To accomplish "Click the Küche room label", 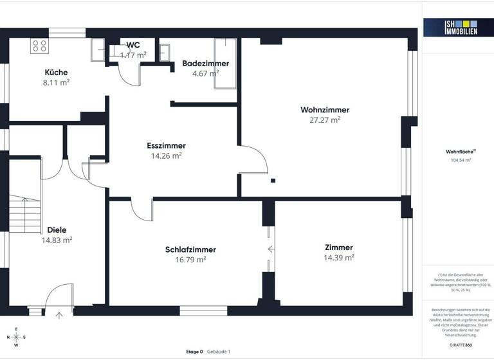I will pyautogui.click(x=56, y=73).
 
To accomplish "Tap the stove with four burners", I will pyautogui.click(x=39, y=46).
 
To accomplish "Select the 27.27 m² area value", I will pyautogui.click(x=325, y=120).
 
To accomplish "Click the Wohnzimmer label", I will pyautogui.click(x=325, y=110).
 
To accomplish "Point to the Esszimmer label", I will pyautogui.click(x=166, y=146).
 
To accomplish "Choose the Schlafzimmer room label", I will pyautogui.click(x=190, y=249).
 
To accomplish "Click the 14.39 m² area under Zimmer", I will pyautogui.click(x=338, y=257).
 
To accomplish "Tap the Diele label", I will pyautogui.click(x=57, y=230).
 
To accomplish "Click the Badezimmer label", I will pyautogui.click(x=205, y=64).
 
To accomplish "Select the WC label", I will pyautogui.click(x=133, y=45).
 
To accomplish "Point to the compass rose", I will pyautogui.click(x=17, y=337).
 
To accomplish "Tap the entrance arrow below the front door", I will pyautogui.click(x=60, y=315).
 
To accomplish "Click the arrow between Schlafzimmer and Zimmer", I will pyautogui.click(x=271, y=249).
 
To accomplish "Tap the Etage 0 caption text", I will pyautogui.click(x=194, y=352).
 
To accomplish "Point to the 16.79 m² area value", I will pyautogui.click(x=190, y=259).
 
